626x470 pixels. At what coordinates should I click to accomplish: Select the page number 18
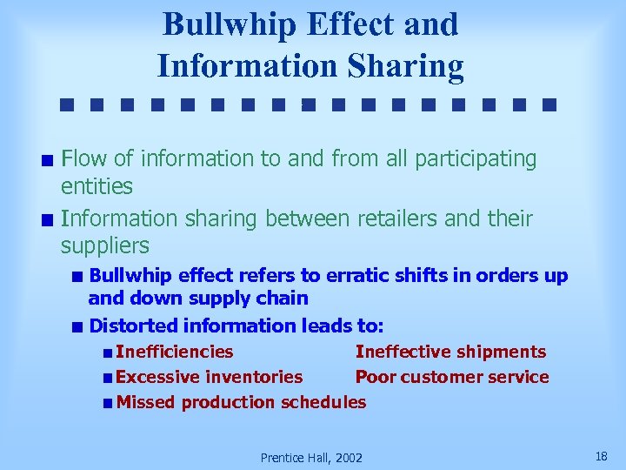tap(601, 456)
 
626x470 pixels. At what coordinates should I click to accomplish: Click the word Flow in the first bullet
tap(85, 158)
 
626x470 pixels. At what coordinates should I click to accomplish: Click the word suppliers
tap(105, 245)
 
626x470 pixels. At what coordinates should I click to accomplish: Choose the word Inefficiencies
tap(174, 352)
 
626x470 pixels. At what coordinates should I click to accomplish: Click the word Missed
tap(145, 402)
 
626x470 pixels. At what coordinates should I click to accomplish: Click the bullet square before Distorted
tap(78, 327)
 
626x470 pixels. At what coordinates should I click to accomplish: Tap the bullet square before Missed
tap(105, 403)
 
